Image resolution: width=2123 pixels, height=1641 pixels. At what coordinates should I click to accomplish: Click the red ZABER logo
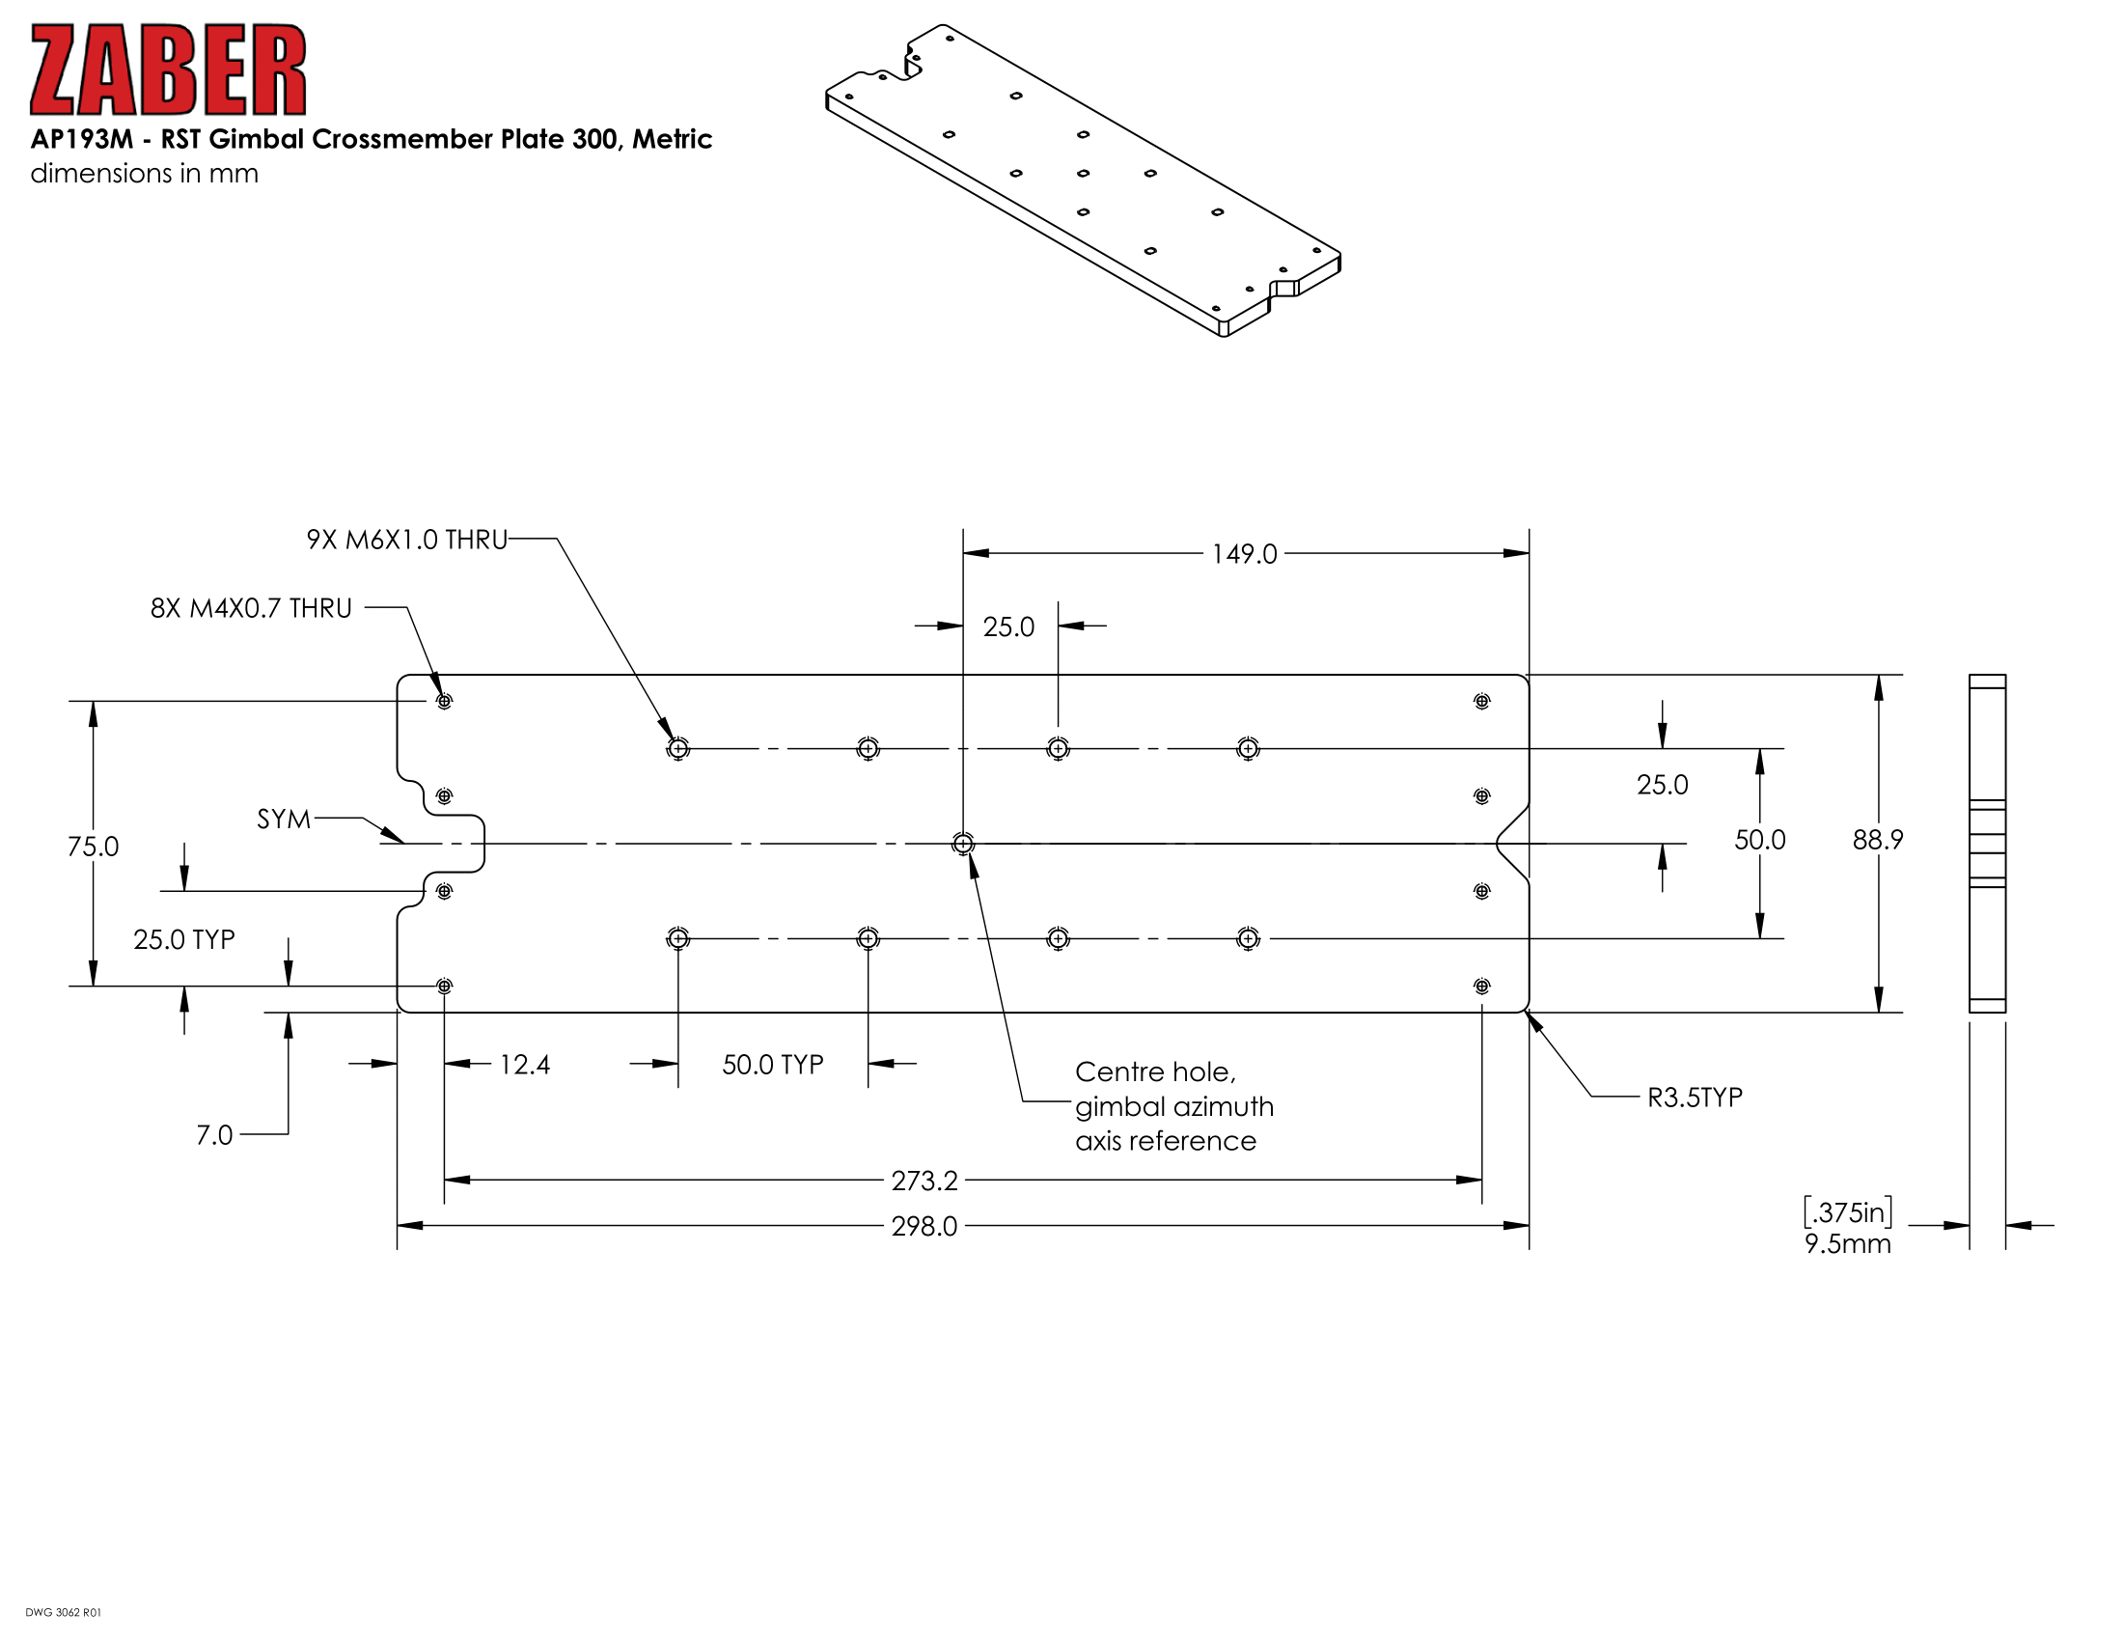[x=168, y=70]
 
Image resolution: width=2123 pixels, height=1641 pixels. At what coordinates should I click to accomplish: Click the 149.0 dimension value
[x=1244, y=554]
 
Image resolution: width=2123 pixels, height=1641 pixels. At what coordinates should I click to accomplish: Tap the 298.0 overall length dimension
[x=924, y=1227]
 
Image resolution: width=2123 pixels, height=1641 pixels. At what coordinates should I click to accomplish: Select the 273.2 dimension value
[x=924, y=1182]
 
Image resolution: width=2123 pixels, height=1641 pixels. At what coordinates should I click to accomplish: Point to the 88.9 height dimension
[x=1877, y=840]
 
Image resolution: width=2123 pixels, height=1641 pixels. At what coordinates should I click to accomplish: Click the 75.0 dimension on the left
[x=94, y=847]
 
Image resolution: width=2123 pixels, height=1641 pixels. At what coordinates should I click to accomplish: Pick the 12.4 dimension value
[x=525, y=1066]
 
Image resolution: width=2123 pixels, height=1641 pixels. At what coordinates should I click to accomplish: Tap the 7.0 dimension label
[x=215, y=1135]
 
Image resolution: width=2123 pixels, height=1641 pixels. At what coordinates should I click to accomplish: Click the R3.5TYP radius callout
[x=1695, y=1098]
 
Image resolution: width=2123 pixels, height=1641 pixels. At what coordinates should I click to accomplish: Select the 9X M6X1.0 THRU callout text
[x=407, y=540]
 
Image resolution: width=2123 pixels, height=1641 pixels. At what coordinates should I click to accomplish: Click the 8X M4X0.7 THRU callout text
[x=251, y=608]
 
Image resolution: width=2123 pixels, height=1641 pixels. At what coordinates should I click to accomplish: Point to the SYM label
[x=284, y=820]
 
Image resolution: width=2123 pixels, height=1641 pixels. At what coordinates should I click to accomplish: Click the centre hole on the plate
[x=962, y=844]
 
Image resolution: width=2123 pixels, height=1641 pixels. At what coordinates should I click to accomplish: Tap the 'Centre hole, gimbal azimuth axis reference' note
[x=1174, y=1106]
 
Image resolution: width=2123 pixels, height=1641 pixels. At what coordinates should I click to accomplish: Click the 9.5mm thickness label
[x=1847, y=1245]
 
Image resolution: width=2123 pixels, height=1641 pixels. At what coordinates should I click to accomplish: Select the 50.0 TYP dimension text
[x=773, y=1066]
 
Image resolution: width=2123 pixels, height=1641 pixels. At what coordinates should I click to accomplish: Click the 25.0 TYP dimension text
[x=184, y=940]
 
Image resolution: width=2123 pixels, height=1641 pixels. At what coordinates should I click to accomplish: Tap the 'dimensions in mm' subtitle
[x=144, y=174]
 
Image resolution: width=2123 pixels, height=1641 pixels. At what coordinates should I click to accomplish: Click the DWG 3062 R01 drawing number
[x=63, y=1613]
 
